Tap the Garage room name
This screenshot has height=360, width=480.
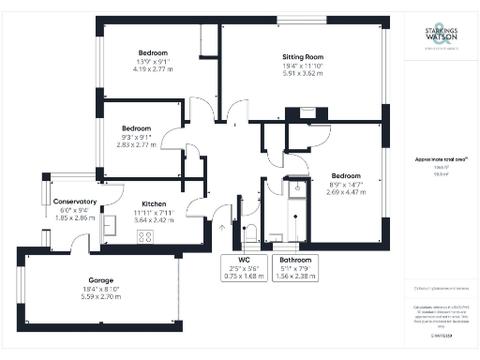tap(101, 281)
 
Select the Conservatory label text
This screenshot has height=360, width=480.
tap(75, 202)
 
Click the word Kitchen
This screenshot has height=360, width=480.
tap(155, 204)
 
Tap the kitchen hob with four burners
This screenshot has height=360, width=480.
tap(146, 236)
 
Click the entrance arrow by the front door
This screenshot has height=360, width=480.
tap(221, 227)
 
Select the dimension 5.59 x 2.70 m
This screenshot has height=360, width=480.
tap(101, 298)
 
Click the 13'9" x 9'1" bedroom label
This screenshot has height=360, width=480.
tap(153, 61)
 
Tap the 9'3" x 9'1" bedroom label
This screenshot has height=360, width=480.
tap(136, 137)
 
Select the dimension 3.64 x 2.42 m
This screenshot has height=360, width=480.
tap(155, 221)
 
